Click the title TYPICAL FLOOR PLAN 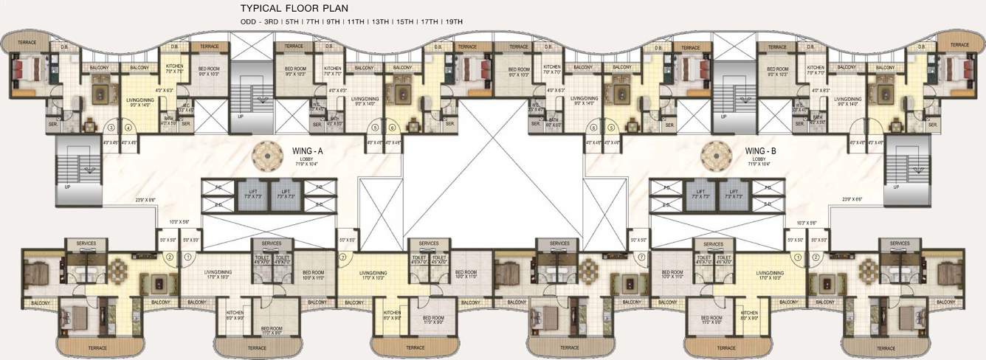[293, 9]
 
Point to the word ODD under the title [249, 22]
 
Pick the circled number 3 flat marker [111, 127]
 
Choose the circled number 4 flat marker [128, 127]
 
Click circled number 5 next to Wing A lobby [376, 127]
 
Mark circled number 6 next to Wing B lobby [593, 127]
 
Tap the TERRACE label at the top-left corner [27, 44]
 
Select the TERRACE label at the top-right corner [959, 45]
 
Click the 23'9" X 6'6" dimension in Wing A [146, 199]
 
